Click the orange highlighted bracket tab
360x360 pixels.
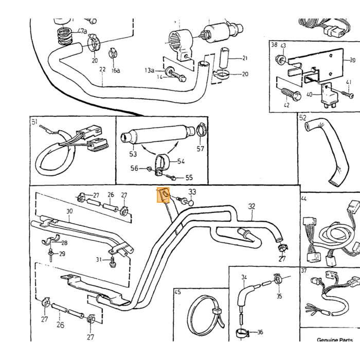(163, 195)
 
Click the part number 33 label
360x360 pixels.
(192, 191)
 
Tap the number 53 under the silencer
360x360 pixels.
(133, 154)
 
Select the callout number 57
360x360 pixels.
(200, 149)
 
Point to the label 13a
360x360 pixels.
(149, 70)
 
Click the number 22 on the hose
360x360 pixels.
(102, 69)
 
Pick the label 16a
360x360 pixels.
(116, 70)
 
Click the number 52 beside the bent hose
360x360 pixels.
(303, 118)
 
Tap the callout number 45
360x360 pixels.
(178, 292)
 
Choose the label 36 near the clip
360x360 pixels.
(260, 332)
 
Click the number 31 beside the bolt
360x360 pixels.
(99, 260)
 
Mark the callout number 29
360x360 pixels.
(62, 254)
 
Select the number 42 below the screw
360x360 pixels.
(287, 105)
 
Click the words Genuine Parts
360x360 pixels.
(334, 340)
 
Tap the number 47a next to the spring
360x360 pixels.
(82, 31)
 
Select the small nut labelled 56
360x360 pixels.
(149, 169)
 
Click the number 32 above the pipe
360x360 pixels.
(251, 206)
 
